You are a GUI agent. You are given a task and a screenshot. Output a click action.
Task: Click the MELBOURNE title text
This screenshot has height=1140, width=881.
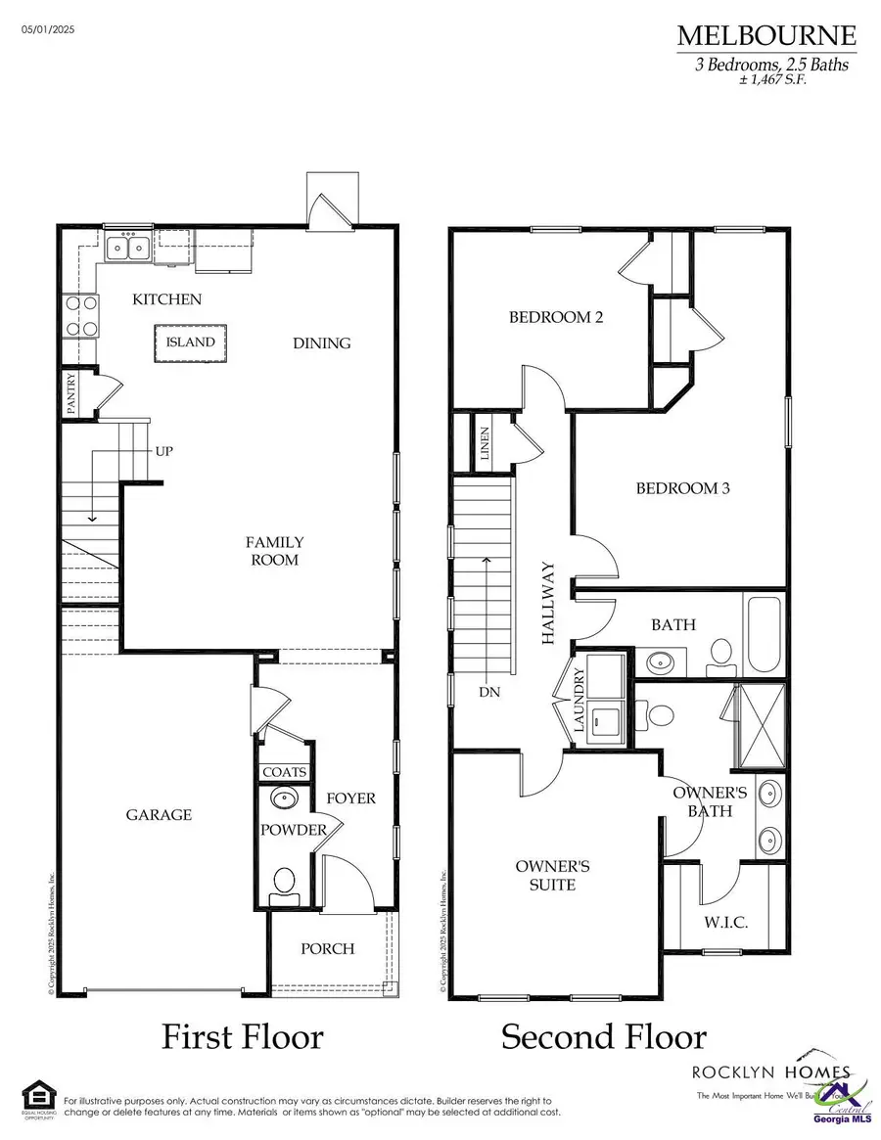(x=766, y=37)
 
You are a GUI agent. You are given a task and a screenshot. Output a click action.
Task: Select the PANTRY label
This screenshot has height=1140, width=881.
(x=70, y=393)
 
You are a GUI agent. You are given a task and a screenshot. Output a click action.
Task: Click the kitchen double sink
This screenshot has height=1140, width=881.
(x=128, y=248)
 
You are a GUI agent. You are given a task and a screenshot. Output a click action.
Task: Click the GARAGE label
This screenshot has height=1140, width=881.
(x=159, y=815)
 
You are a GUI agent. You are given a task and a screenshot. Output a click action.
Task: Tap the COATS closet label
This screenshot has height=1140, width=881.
(x=285, y=772)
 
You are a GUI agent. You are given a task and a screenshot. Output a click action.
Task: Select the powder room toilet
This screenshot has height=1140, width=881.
(x=285, y=882)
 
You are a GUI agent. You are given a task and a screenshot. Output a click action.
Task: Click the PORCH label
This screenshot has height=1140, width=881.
(x=328, y=948)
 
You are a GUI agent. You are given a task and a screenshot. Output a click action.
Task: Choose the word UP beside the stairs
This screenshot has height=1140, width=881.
(x=164, y=452)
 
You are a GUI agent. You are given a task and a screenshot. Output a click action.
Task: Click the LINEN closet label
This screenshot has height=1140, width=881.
(x=485, y=443)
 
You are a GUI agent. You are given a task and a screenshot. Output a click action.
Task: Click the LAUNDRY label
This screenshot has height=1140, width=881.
(x=579, y=701)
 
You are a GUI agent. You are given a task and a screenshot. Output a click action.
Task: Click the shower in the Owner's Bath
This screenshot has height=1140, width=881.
(x=761, y=725)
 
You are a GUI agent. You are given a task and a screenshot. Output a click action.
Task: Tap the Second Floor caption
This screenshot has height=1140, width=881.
(x=603, y=1036)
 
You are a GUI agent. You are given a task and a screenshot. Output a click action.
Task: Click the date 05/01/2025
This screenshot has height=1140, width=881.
(x=48, y=30)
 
